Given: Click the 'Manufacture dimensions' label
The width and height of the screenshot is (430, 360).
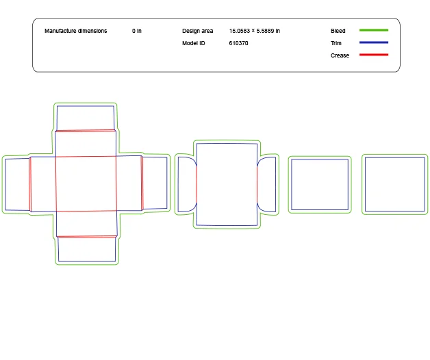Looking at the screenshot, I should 75,31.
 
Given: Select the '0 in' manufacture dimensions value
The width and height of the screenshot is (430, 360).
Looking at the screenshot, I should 137,31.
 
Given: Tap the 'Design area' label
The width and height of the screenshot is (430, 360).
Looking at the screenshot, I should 197,31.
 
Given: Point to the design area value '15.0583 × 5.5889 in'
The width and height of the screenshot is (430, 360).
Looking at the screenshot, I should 254,31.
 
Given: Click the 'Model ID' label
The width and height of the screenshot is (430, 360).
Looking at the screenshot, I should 193,43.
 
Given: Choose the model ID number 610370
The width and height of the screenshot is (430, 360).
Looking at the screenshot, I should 238,43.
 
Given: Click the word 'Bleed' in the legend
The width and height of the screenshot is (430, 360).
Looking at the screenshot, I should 338,31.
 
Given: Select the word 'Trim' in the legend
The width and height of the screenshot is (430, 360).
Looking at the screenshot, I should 336,43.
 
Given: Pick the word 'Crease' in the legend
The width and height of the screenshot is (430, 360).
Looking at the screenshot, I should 340,55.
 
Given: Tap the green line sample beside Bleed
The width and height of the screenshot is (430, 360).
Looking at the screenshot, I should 373,30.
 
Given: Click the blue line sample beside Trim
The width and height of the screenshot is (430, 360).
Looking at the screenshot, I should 373,42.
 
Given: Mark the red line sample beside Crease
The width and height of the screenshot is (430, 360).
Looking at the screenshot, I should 373,55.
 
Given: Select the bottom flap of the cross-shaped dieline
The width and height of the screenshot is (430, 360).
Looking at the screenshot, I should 86,249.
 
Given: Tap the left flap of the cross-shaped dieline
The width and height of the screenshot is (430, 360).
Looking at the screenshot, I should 17,184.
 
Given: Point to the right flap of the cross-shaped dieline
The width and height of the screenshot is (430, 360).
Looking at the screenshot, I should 155,183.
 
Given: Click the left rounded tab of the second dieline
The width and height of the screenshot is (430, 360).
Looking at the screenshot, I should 186,184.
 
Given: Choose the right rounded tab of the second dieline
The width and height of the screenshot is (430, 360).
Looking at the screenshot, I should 267,184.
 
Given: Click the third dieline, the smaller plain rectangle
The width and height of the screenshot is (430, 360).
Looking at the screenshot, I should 320,184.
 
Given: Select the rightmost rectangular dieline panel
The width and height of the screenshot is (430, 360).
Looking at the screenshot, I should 394,184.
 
